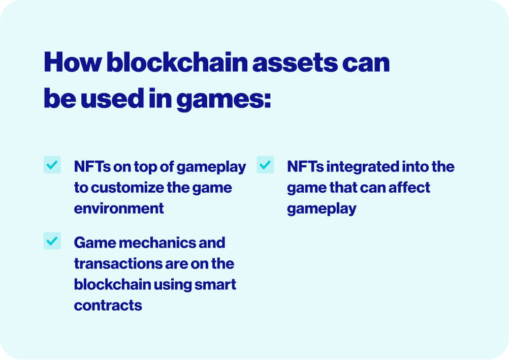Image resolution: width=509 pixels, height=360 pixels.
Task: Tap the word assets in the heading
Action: coord(295,63)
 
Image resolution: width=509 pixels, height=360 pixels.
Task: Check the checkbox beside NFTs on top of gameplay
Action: coord(52,165)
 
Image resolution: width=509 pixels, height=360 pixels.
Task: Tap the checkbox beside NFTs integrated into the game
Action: coord(265,165)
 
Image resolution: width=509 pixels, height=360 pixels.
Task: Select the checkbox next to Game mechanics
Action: coord(52,241)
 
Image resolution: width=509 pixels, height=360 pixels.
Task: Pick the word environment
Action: coord(119,208)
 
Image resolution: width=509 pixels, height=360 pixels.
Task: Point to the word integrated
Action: coord(362,167)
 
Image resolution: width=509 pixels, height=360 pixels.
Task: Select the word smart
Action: coord(215,285)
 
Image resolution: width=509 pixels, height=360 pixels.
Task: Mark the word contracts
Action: coord(108,306)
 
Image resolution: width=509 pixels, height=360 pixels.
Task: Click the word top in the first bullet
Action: coord(145,167)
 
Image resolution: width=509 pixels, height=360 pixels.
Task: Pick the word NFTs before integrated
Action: coord(305,167)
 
